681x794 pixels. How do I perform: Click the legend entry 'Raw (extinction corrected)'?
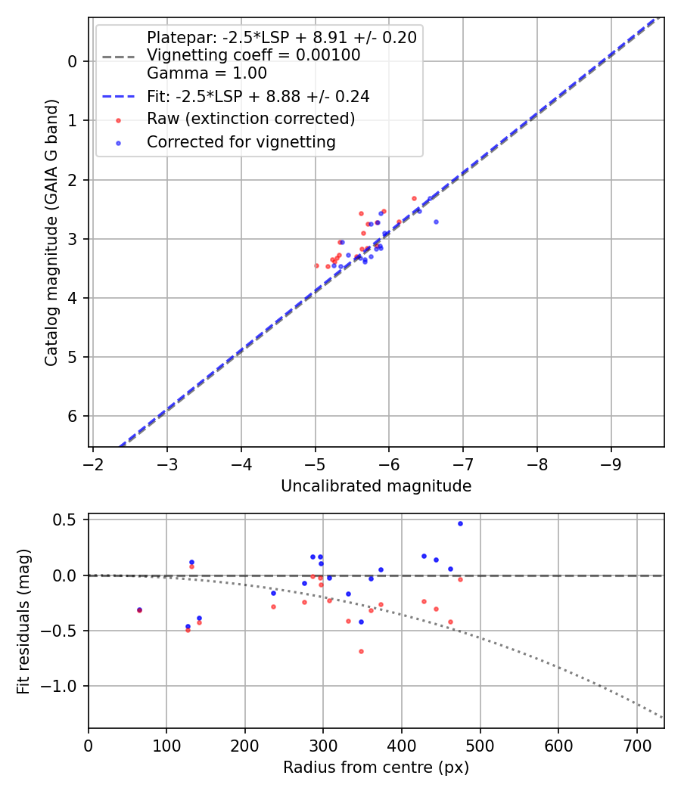250,119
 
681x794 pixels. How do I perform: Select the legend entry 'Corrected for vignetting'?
241,141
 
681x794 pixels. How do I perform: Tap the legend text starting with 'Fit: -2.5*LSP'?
257,96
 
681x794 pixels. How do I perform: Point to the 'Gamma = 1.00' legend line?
207,73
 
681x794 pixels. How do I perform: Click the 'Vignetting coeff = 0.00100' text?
253,55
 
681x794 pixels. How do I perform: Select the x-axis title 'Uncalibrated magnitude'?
376,486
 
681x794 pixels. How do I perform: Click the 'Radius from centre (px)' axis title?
376,768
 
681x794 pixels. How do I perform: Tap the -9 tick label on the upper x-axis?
611,462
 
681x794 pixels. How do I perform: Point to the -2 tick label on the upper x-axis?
93,462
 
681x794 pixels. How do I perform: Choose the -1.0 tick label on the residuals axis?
64,686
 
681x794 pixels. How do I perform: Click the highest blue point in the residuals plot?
460,523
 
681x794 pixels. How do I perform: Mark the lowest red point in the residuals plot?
361,651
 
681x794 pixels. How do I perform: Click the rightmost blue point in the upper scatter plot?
436,222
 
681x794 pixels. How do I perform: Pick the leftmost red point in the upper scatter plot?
316,265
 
